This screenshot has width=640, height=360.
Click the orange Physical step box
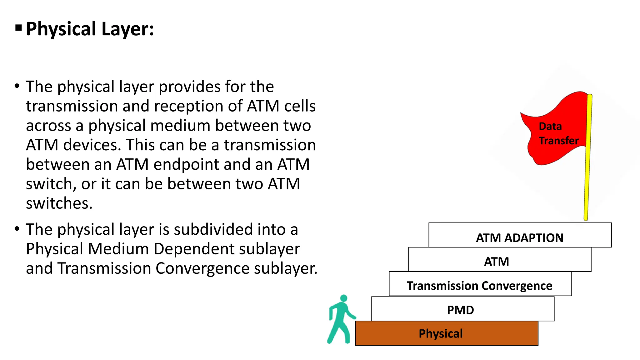point(447,333)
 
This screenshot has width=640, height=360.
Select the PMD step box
point(462,309)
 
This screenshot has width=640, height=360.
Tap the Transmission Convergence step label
point(479,286)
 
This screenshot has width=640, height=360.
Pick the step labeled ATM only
point(497,261)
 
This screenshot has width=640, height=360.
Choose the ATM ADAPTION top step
point(519,237)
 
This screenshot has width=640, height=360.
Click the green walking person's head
point(343,298)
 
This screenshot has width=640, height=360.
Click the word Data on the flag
point(550,126)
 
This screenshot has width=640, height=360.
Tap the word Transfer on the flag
point(559,141)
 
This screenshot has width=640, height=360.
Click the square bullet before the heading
point(18,28)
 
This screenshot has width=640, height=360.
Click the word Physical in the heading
point(61,29)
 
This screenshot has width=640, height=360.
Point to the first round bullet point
point(17,86)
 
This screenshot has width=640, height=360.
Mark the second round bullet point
point(17,229)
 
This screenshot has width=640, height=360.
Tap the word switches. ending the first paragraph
point(59,203)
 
